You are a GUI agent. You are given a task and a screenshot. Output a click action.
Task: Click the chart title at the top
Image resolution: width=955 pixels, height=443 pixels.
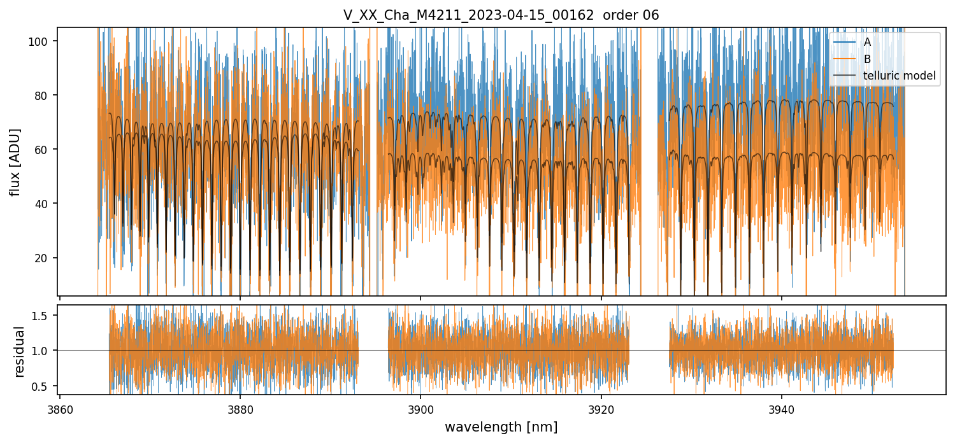pos(501,15)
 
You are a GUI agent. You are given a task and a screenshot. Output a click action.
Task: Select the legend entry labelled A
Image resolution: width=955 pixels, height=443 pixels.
pos(867,42)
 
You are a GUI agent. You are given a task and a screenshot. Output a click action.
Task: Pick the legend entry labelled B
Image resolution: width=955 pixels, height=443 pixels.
pos(867,59)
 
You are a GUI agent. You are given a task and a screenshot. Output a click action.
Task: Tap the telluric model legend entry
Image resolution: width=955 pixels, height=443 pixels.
pos(899,76)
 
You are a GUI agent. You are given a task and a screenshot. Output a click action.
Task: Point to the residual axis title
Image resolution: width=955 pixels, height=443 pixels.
pos(19,351)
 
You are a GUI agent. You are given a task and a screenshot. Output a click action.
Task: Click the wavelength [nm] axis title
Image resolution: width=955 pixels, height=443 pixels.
pos(501,427)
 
